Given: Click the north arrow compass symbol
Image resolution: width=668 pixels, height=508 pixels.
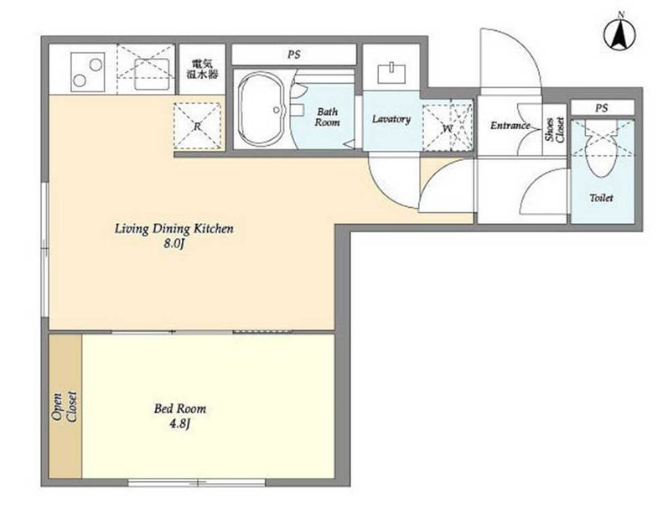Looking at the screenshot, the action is tap(620, 34).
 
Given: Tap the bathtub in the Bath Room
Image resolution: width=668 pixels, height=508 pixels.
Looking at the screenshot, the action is tap(262, 110).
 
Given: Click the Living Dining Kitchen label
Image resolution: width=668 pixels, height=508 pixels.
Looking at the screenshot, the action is tap(173, 229).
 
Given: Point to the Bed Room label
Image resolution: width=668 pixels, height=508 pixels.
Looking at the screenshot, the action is tap(179, 409).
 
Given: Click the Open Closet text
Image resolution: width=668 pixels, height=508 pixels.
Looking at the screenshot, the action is tap(64, 407).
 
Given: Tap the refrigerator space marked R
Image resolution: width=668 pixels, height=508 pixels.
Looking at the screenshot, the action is tap(197, 126).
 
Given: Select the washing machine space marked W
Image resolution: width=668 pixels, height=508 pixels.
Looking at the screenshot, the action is tap(447, 126).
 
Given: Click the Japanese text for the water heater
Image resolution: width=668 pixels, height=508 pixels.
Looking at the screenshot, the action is tap(203, 69).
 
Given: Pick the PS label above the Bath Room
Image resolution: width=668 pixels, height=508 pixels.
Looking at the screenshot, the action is tap(293, 54).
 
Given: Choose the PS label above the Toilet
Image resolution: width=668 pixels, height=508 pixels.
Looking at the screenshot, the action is tap(601, 108).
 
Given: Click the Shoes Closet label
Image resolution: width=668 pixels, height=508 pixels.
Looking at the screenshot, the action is tap(555, 130).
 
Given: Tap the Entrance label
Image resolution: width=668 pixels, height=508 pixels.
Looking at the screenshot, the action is tap(510, 125).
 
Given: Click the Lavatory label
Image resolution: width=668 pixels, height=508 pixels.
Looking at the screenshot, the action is tap(391, 119).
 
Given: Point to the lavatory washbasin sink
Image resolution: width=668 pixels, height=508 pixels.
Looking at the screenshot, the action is tap(391, 73).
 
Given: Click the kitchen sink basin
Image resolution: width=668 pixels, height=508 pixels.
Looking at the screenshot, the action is tap(152, 74).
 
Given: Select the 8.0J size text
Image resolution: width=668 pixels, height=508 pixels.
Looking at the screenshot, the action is tap(173, 245).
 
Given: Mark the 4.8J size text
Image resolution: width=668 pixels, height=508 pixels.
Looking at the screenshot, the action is tap(179, 424).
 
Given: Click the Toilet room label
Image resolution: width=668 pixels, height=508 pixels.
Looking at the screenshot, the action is tap(601, 198).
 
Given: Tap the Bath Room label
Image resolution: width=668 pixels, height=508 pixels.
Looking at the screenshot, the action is tap(327, 117).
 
